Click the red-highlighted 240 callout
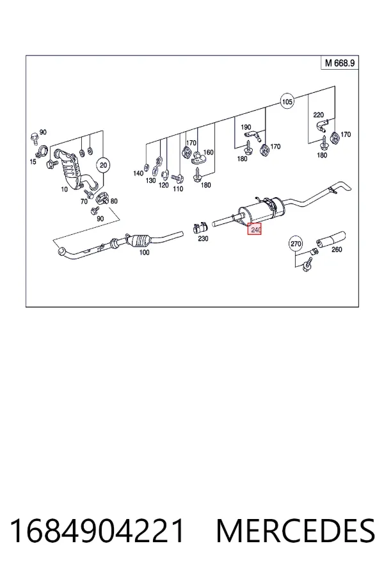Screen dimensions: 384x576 click(x=254, y=229)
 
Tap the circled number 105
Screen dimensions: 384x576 click(x=287, y=101)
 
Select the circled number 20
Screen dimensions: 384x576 click(x=103, y=165)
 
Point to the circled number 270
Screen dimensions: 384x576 click(x=296, y=244)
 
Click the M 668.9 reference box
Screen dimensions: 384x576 click(x=340, y=63)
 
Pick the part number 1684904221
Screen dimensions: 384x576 click(x=97, y=531)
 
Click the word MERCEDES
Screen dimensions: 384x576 click(x=296, y=531)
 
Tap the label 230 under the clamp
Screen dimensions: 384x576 click(x=203, y=239)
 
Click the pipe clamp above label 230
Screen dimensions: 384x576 click(x=200, y=228)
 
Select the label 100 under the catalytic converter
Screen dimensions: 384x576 click(x=145, y=252)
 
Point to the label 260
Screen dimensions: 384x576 click(x=337, y=250)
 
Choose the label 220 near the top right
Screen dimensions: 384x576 click(x=318, y=115)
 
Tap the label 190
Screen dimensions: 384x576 click(x=246, y=127)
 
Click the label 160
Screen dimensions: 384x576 click(x=209, y=152)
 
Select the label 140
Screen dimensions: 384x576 click(x=138, y=173)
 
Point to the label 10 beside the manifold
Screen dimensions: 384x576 click(x=64, y=189)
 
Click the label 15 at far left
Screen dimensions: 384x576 click(x=33, y=162)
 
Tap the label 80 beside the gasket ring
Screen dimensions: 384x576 click(x=114, y=201)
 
